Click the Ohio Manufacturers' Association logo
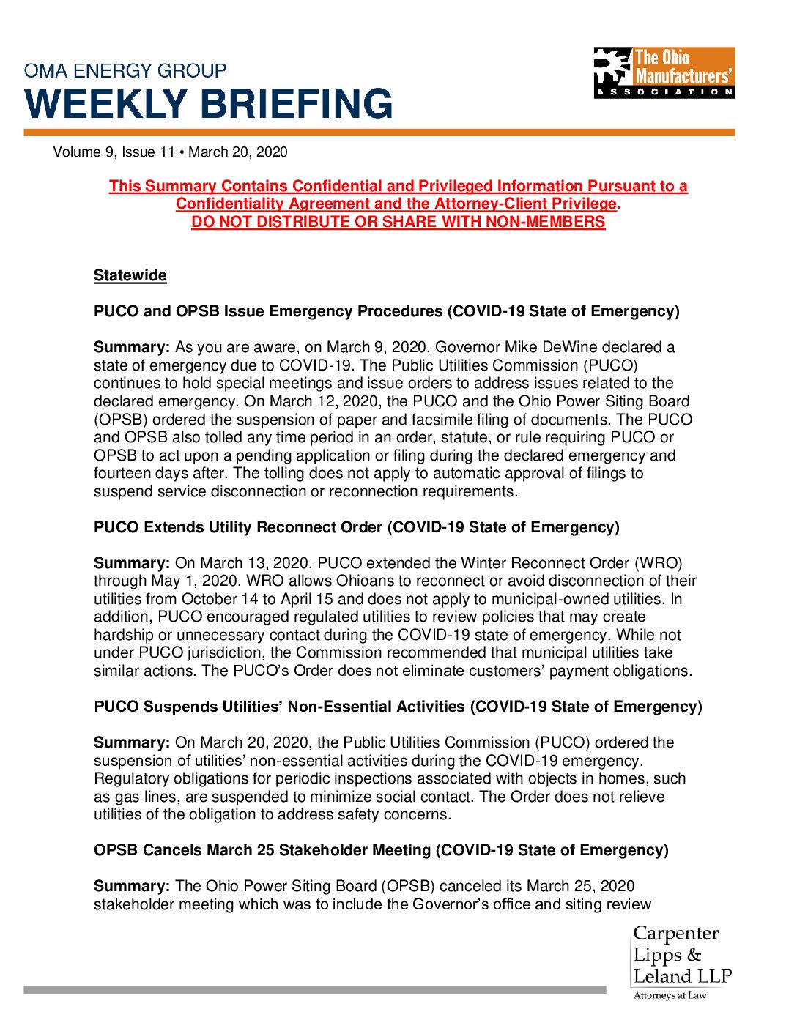pos(664,72)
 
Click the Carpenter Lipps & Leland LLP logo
pos(681,956)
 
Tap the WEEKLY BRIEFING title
pos(209,103)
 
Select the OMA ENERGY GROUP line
pos(125,71)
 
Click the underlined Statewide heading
pos(130,276)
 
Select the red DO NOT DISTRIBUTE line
pos(398,222)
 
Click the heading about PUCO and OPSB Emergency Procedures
pos(386,311)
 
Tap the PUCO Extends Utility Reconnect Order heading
pos(356,527)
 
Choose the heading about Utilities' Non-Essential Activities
pos(398,707)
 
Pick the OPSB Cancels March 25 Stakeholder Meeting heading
pos(381,850)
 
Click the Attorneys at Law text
pos(670,995)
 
